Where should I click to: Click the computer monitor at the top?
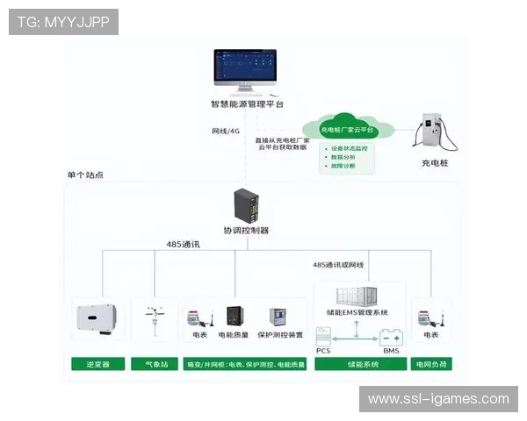[244, 71]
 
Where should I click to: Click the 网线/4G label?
[225, 132]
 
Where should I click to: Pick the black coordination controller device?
[245, 205]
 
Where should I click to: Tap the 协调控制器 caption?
[246, 230]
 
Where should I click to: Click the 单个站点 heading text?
[85, 175]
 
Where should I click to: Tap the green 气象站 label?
[153, 363]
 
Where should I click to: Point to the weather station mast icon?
[153, 320]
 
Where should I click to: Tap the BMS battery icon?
[390, 337]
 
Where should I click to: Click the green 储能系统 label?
[360, 363]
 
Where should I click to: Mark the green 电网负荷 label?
[431, 363]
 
